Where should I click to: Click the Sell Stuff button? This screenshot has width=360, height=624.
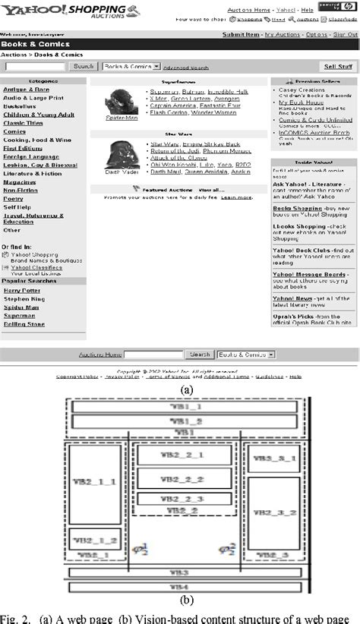(x=338, y=67)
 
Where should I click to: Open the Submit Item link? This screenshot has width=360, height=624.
(x=241, y=35)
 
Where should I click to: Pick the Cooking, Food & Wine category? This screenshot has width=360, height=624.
(x=37, y=140)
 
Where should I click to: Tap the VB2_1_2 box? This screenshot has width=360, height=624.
(x=95, y=540)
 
